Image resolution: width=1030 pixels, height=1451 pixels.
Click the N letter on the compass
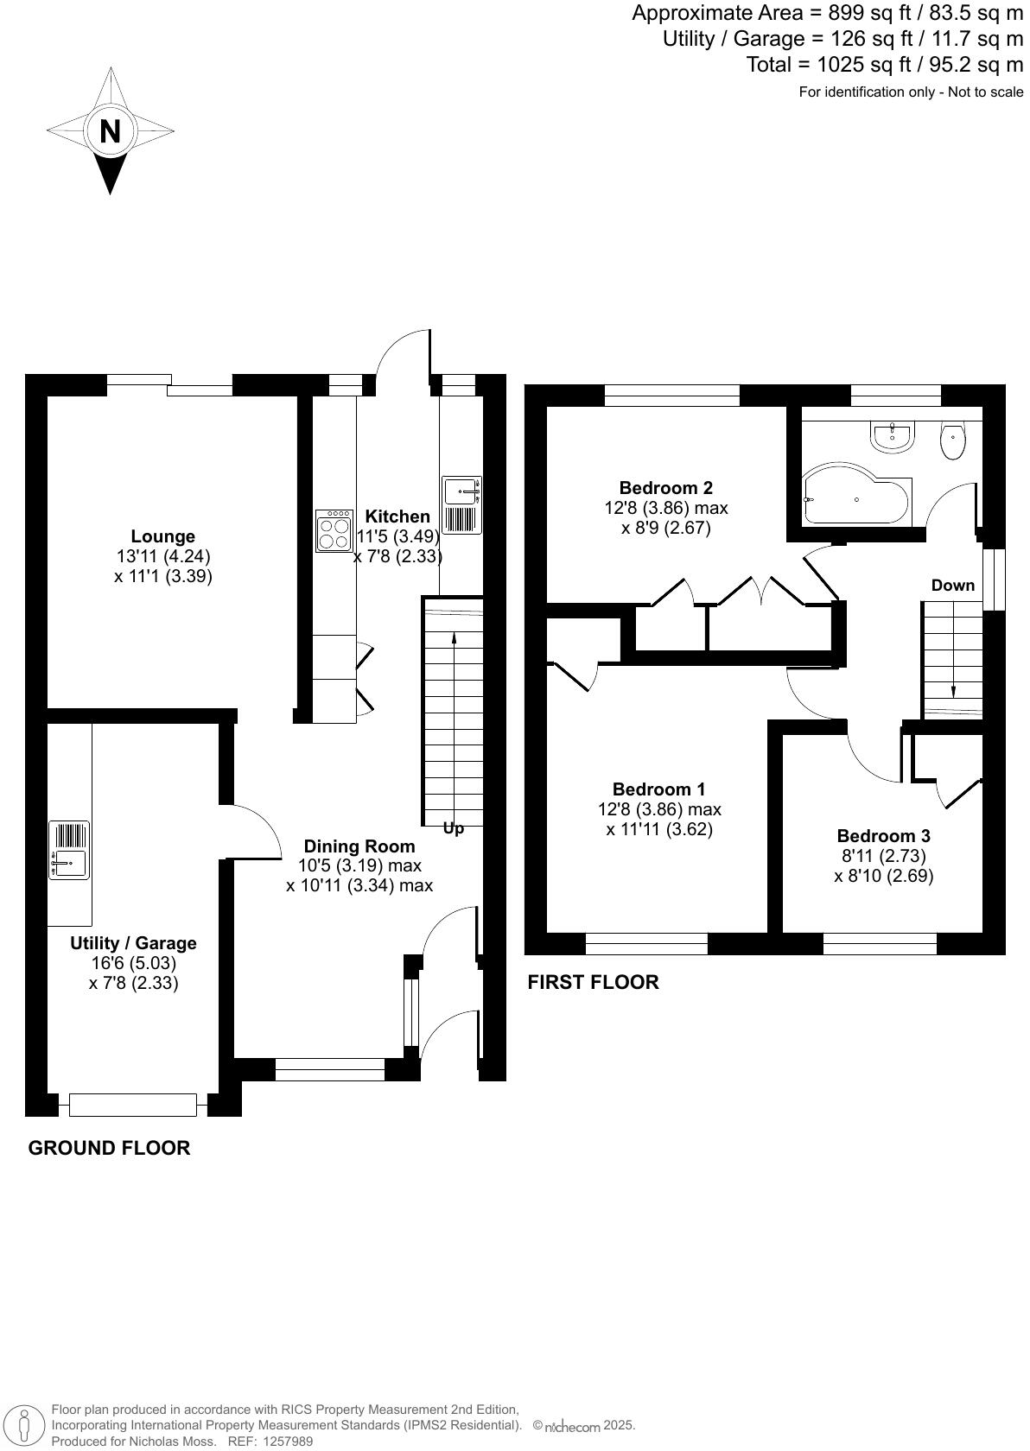click(110, 132)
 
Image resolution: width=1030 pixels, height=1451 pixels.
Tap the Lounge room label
click(162, 536)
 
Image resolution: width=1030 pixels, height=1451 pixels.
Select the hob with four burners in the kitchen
click(334, 530)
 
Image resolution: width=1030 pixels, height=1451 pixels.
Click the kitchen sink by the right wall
click(461, 504)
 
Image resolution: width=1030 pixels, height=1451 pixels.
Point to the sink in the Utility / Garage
click(69, 850)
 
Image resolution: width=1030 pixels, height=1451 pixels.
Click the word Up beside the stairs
click(453, 828)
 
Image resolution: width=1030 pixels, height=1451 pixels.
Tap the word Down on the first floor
click(952, 585)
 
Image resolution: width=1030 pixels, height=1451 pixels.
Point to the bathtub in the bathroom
click(855, 499)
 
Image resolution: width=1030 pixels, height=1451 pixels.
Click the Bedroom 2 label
click(665, 487)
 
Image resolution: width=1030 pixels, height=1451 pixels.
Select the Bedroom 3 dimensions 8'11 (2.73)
click(883, 856)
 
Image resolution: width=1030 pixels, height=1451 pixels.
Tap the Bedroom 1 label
click(658, 789)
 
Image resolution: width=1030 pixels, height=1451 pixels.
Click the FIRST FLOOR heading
click(593, 982)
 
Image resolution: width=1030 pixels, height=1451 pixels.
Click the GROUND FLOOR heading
click(109, 1148)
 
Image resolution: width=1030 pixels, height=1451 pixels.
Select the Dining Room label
click(359, 846)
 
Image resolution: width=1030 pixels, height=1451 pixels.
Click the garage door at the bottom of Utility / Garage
click(132, 1104)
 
